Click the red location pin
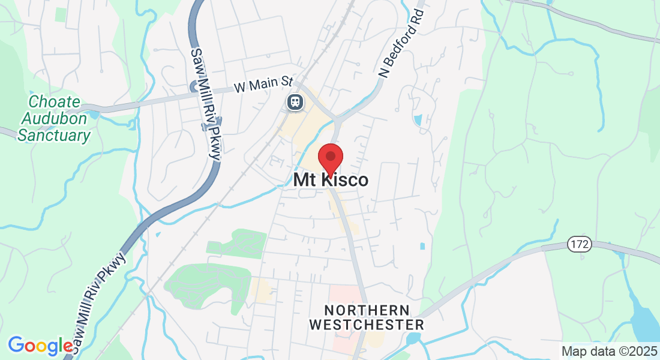[x=330, y=158]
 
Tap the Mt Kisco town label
[x=331, y=180]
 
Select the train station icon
[x=295, y=101]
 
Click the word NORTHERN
[x=367, y=311]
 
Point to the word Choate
[x=54, y=102]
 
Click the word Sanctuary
[x=54, y=136]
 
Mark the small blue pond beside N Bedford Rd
[x=418, y=119]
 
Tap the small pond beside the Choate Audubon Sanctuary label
[x=94, y=114]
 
